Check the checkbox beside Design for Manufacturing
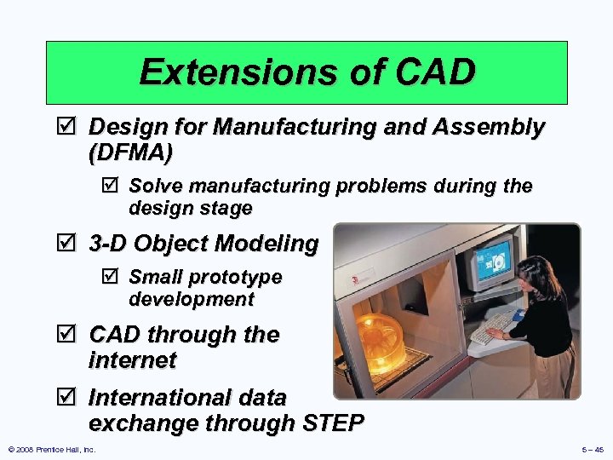[71, 128]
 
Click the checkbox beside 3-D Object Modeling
[71, 244]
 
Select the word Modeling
[268, 244]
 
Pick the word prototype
[234, 278]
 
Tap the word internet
[132, 359]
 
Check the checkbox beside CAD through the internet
[71, 335]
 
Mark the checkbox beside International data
[71, 398]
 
